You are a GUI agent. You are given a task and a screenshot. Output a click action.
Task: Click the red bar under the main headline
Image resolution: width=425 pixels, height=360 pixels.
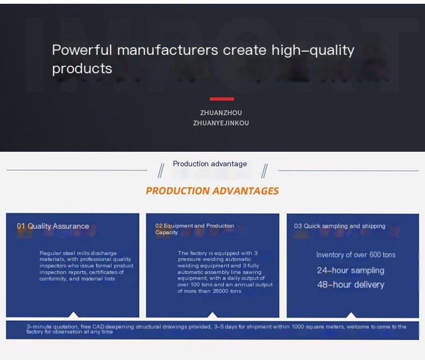[x=222, y=99]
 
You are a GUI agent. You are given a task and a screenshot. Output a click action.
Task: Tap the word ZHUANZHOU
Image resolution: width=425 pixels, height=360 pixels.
[x=221, y=113]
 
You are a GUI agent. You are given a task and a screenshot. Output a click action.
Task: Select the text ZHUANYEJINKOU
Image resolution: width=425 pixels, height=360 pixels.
[x=221, y=123]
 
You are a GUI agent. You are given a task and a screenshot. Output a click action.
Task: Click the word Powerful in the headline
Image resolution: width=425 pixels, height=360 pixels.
[x=82, y=50]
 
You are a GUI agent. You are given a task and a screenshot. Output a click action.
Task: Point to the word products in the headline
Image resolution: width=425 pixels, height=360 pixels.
[x=82, y=69]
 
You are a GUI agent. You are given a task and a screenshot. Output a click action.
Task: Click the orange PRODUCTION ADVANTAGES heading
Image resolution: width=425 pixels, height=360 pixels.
[x=212, y=191]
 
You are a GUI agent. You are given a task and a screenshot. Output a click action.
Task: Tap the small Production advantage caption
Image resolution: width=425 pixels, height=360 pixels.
[x=210, y=164]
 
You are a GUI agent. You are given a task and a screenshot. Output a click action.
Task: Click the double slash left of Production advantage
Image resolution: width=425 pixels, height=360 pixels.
[x=161, y=171]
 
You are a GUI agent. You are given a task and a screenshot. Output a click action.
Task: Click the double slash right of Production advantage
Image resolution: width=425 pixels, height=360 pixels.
[x=265, y=171]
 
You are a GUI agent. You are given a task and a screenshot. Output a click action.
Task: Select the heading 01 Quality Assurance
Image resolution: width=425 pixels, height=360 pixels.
[x=53, y=226]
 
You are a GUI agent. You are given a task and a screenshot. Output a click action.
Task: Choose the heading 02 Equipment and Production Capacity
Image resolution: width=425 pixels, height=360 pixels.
[x=195, y=229]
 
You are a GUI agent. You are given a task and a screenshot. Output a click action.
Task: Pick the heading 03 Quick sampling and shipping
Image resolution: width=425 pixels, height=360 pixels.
[x=339, y=226]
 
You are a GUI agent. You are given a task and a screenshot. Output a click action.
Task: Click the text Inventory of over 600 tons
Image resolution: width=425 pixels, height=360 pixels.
[x=356, y=255]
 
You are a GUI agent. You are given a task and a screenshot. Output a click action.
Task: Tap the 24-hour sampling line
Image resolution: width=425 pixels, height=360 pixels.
[x=351, y=271]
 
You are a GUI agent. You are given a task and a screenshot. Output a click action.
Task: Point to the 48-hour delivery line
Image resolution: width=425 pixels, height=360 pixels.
[x=351, y=285]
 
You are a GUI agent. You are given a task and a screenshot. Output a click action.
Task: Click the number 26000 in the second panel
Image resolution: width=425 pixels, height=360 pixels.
[x=220, y=291]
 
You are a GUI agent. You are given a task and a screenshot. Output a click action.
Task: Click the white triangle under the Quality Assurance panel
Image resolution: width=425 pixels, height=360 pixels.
[x=73, y=314]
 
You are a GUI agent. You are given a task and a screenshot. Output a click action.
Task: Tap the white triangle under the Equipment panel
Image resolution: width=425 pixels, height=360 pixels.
[x=212, y=315]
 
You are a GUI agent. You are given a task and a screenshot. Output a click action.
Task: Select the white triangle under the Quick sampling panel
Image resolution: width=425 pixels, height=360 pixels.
[x=351, y=315]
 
